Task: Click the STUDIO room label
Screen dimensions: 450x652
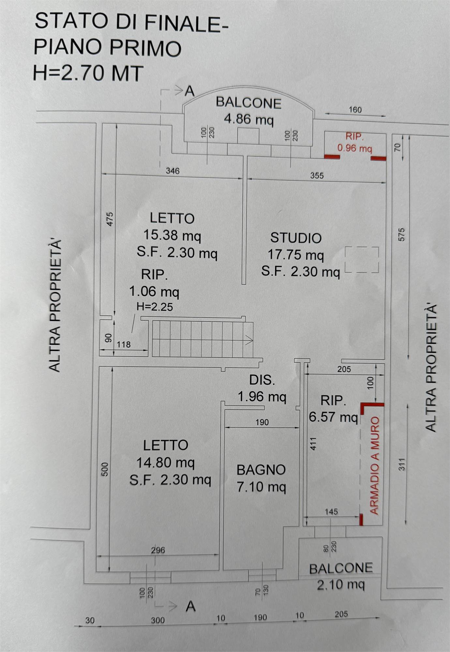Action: coord(296,238)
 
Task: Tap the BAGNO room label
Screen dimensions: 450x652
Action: coord(261,470)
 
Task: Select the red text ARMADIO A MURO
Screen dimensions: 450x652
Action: coord(375,466)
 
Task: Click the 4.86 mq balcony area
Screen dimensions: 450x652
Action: coord(249,119)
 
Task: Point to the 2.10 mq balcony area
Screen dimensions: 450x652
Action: coord(341,584)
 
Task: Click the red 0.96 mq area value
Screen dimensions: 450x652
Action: coord(354,148)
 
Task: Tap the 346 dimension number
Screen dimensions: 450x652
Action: coord(172,171)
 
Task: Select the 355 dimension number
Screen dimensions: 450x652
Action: coord(317,176)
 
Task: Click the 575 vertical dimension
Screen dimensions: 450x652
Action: coord(401,235)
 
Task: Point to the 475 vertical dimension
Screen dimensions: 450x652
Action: coord(110,219)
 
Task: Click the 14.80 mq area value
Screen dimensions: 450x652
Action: coord(165,463)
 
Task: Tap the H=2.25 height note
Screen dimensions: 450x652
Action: coord(155,307)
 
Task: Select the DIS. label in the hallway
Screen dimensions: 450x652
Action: coord(262,380)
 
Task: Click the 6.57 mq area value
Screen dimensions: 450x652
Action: coord(333,417)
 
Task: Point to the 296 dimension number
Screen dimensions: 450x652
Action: coord(158,550)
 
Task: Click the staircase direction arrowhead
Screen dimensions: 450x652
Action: coord(249,340)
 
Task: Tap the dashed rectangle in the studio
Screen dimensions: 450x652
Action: coord(362,260)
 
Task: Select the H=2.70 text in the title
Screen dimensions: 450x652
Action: coord(68,73)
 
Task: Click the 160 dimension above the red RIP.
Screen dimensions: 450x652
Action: coord(355,110)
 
